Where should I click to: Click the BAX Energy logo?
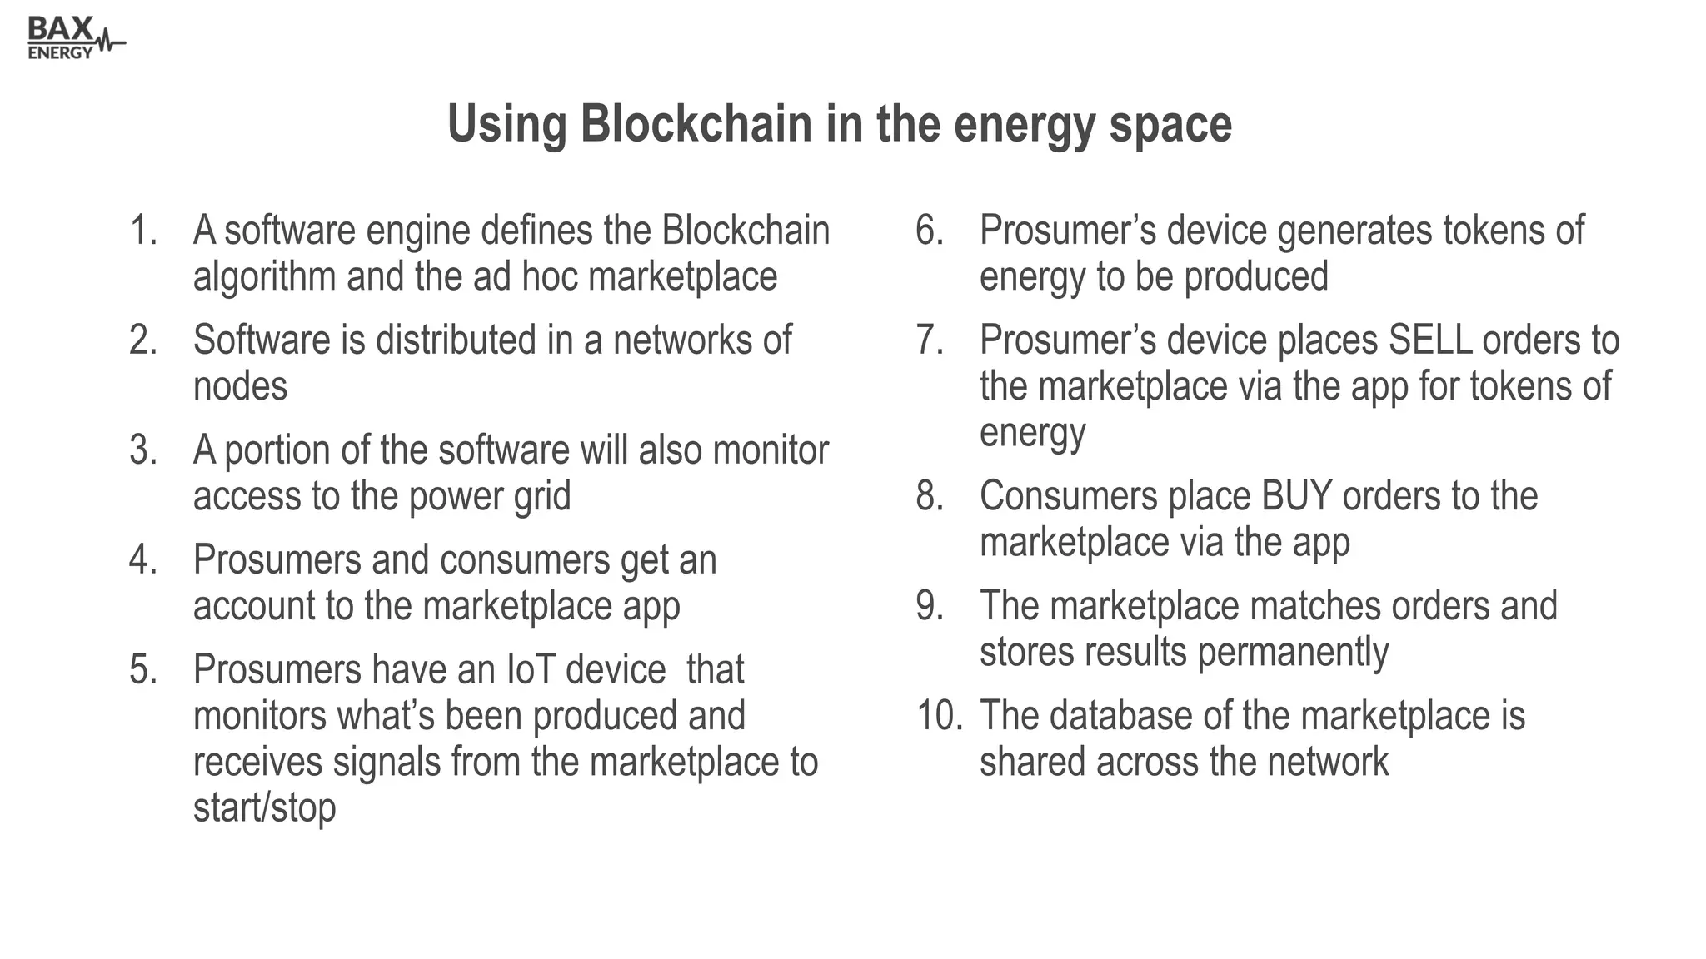[x=75, y=38]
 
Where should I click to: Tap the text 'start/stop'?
[x=265, y=807]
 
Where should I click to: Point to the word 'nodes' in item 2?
[x=240, y=387]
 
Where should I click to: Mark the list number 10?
[x=938, y=716]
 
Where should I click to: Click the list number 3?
[x=143, y=450]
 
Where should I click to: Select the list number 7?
[x=930, y=340]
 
